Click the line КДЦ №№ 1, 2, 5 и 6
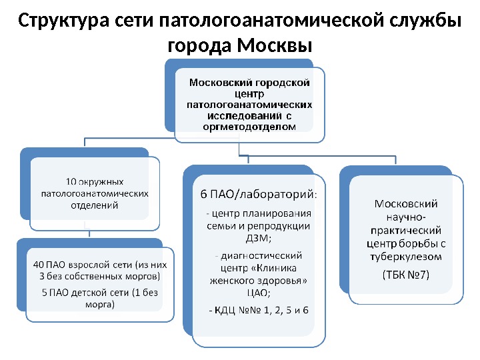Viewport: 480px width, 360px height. click(x=259, y=310)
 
